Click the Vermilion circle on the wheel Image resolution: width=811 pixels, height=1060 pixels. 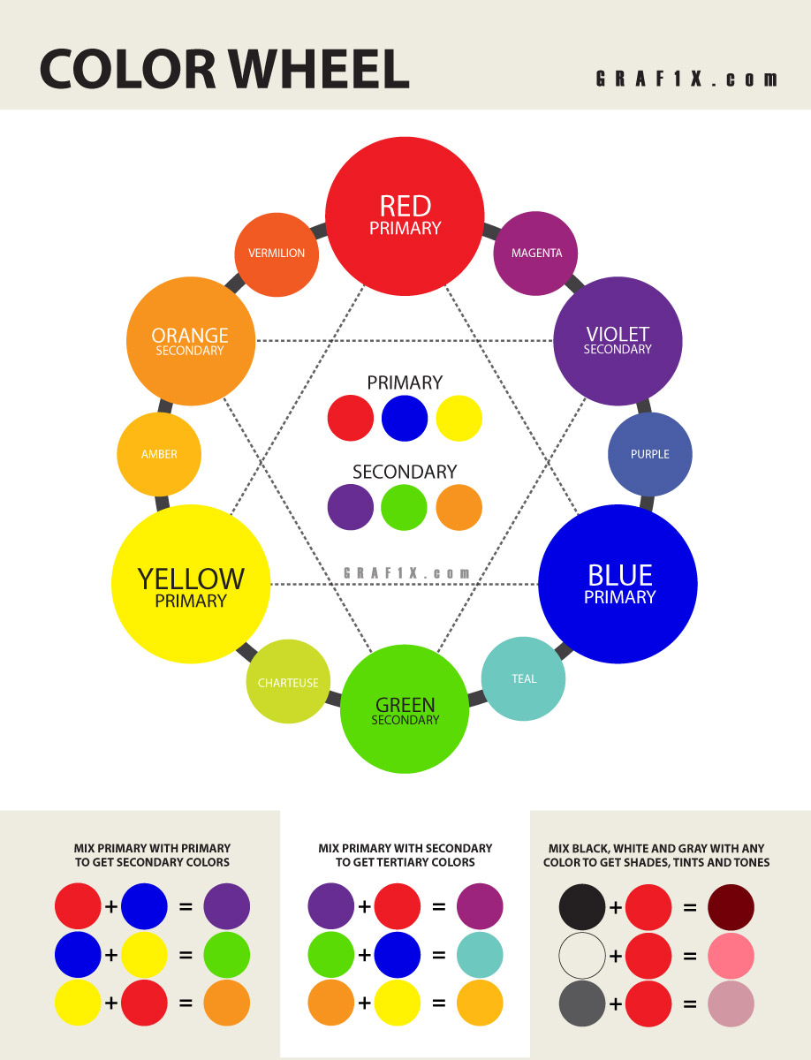tap(277, 254)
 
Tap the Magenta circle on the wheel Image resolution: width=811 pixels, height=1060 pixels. tap(535, 253)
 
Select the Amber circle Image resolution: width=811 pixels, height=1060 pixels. tap(159, 454)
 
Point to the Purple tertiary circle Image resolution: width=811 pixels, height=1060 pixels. tap(649, 454)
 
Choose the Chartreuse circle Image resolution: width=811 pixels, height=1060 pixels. tap(288, 681)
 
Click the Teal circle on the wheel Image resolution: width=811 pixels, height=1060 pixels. tap(523, 678)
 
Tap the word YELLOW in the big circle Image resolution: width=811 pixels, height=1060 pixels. tap(191, 579)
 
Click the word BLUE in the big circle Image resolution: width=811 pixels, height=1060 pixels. tap(620, 575)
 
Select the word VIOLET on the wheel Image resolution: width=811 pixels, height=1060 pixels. tap(618, 334)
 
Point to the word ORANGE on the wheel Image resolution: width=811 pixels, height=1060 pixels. tap(190, 336)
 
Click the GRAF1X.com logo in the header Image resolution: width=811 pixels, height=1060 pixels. tap(686, 79)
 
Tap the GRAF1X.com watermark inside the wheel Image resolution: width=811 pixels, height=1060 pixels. tap(406, 573)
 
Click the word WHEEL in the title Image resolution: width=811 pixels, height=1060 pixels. tap(319, 69)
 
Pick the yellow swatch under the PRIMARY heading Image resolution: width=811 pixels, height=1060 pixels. tap(459, 418)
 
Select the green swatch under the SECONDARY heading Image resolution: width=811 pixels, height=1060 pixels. tap(404, 508)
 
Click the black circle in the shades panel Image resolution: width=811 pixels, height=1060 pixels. tap(582, 907)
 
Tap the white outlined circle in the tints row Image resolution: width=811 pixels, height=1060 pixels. tap(582, 956)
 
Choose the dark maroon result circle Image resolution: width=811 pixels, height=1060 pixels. tap(731, 907)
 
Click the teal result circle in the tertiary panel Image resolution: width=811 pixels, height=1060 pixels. tap(480, 955)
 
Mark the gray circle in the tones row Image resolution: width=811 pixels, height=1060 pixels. tap(582, 1003)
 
